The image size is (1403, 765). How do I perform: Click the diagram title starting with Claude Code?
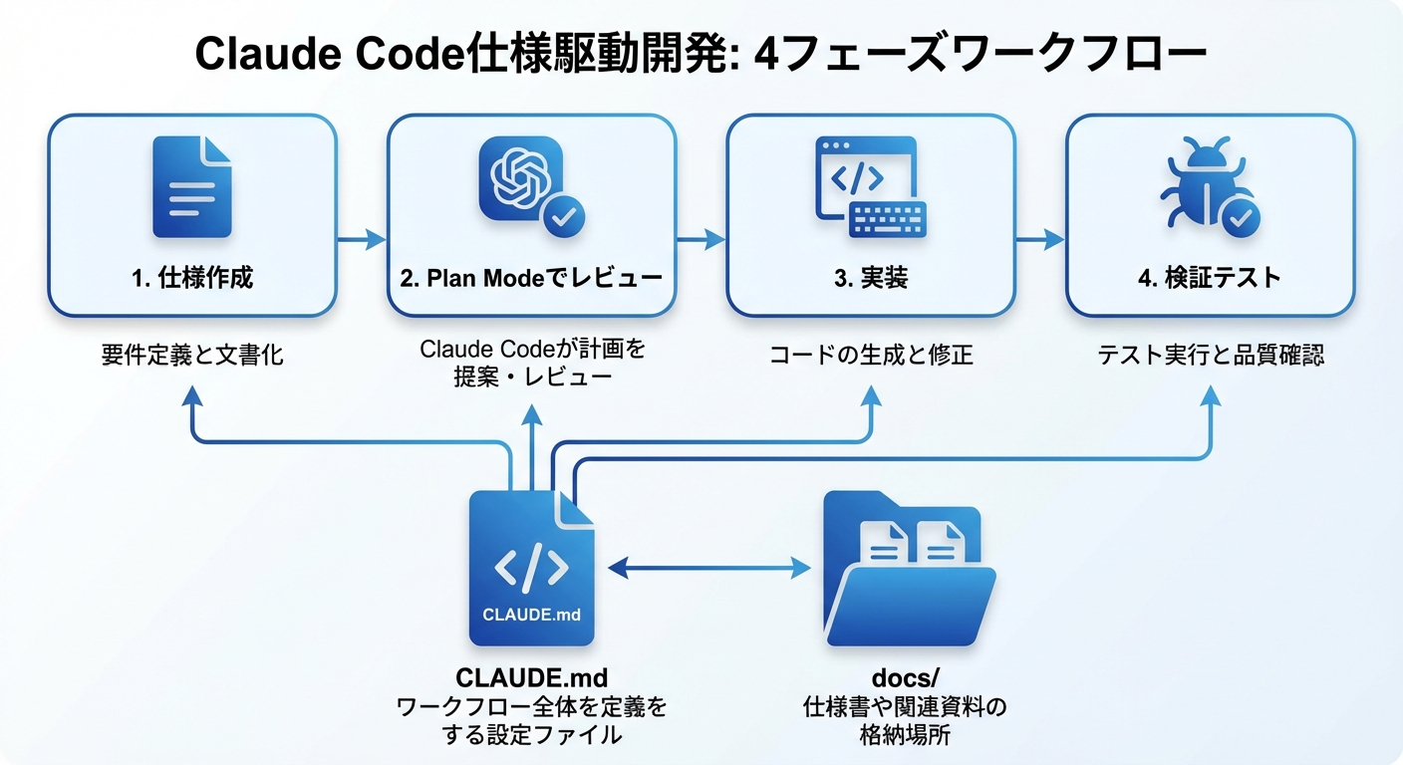[x=701, y=55]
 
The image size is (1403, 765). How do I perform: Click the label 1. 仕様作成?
[x=192, y=278]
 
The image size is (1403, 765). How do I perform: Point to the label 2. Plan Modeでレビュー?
[x=531, y=278]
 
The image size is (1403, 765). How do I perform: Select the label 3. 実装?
[x=870, y=278]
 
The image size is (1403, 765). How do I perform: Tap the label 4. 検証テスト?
[x=1209, y=278]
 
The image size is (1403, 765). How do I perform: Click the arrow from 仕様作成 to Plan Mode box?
[x=361, y=239]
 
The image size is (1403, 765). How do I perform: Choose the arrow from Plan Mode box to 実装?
[x=701, y=239]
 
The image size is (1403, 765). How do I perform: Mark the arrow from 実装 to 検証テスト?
[x=1039, y=239]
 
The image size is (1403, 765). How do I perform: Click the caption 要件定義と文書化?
[x=192, y=355]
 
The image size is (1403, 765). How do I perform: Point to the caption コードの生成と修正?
[x=870, y=355]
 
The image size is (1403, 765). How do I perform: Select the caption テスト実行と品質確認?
[x=1210, y=355]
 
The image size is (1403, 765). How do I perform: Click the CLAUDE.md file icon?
[x=531, y=568]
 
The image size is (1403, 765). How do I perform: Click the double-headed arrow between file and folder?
[x=708, y=568]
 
